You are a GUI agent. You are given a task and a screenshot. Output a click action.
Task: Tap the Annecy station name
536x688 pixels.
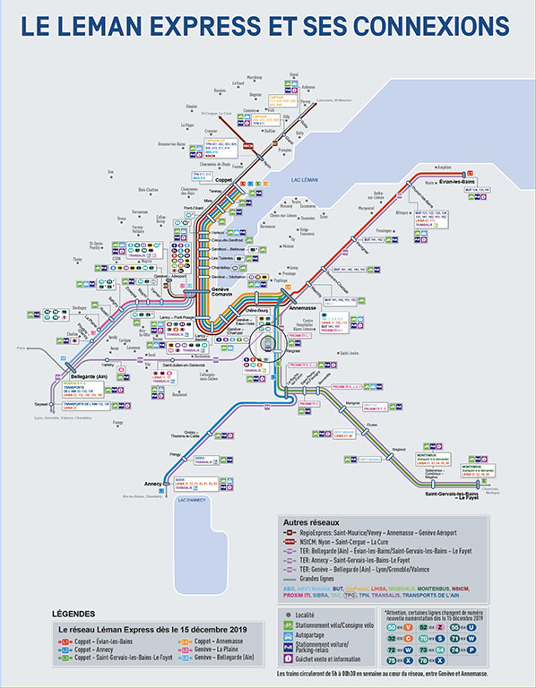point(155,484)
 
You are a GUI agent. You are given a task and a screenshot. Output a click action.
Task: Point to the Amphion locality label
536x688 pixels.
point(443,167)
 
